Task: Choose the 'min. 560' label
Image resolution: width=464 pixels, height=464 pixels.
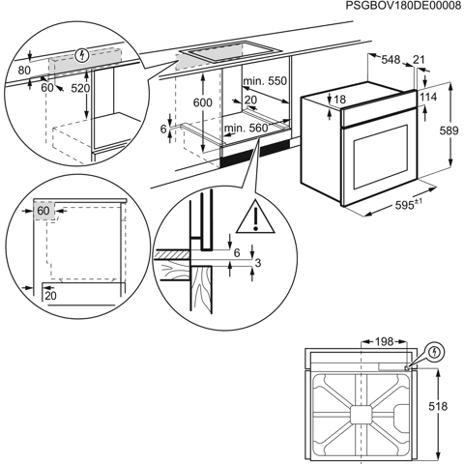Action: click(246, 128)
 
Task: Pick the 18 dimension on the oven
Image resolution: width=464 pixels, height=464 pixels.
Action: click(339, 99)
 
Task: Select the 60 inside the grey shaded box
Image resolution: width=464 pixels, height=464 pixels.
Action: click(43, 211)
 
